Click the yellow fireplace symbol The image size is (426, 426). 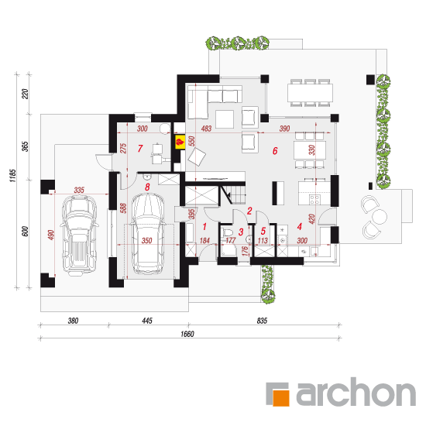pyautogui.click(x=180, y=142)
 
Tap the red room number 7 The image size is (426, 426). pyautogui.click(x=140, y=149)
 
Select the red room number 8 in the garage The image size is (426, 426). pyautogui.click(x=147, y=187)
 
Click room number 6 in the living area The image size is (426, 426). pyautogui.click(x=275, y=151)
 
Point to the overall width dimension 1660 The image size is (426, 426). pyautogui.click(x=187, y=334)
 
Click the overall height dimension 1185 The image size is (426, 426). pyautogui.click(x=12, y=176)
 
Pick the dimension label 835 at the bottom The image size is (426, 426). pyautogui.click(x=262, y=321)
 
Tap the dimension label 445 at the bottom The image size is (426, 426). pyautogui.click(x=147, y=321)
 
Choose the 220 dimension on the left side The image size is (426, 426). pyautogui.click(x=25, y=94)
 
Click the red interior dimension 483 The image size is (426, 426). pyautogui.click(x=206, y=129)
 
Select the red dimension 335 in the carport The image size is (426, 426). pyautogui.click(x=79, y=190)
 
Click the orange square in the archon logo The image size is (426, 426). pyautogui.click(x=281, y=398)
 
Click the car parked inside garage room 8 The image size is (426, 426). pyautogui.click(x=148, y=233)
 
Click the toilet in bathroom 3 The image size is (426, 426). pyautogui.click(x=228, y=233)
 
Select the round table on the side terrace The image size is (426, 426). pyautogui.click(x=380, y=216)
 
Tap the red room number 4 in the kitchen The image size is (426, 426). pyautogui.click(x=300, y=227)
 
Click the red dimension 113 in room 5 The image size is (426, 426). pyautogui.click(x=263, y=240)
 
